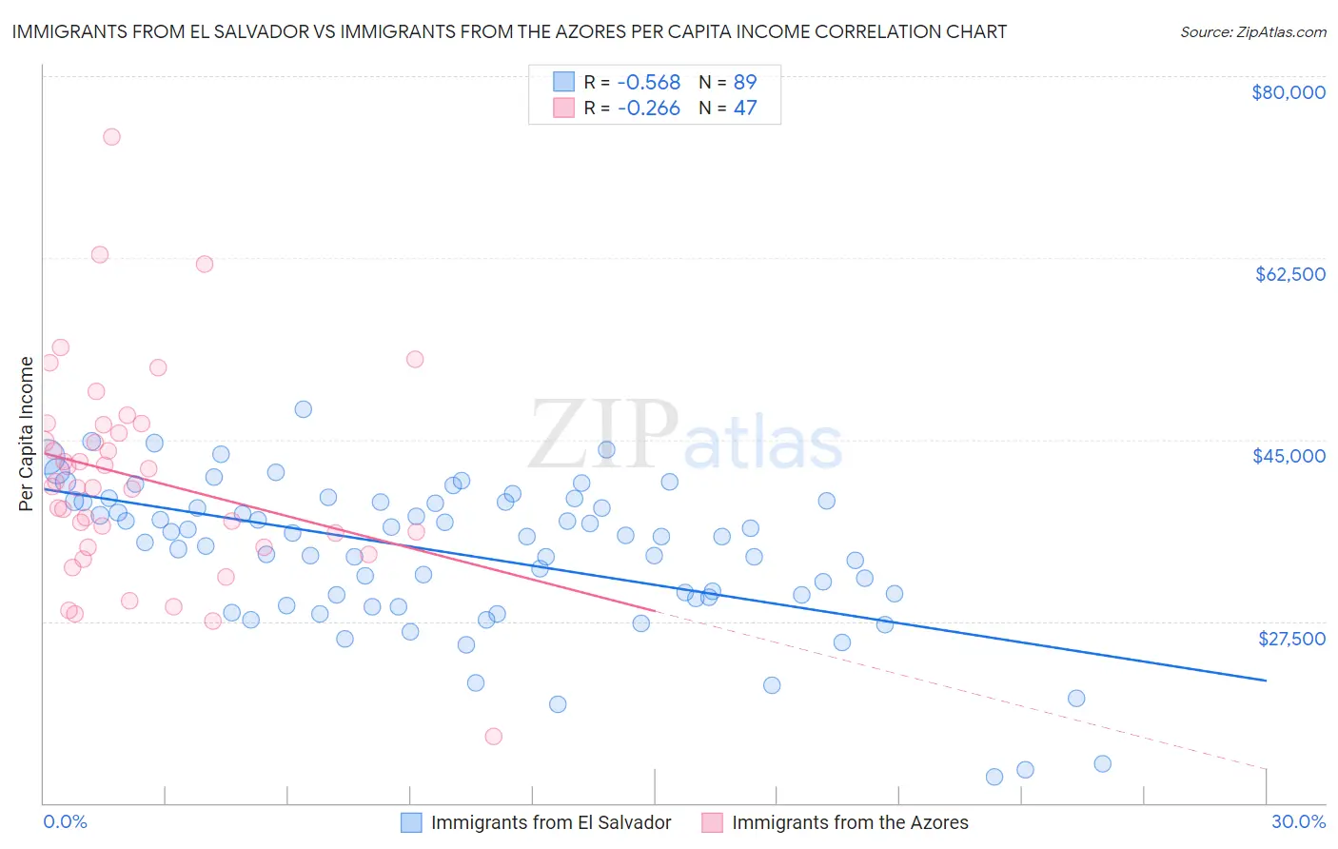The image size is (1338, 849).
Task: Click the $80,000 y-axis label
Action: (1288, 92)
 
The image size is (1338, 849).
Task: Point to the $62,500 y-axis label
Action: (1289, 274)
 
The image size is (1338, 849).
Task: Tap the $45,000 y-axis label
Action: (1289, 456)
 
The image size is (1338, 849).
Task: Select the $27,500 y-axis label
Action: (1291, 639)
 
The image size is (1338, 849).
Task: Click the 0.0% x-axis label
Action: (65, 822)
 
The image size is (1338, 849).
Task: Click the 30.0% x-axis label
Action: (1298, 822)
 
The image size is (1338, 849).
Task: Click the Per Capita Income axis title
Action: (27, 434)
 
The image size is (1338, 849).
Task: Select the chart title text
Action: (509, 31)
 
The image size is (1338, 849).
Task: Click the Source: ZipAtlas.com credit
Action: (1252, 32)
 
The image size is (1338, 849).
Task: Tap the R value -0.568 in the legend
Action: (648, 83)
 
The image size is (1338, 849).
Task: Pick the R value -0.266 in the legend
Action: (648, 109)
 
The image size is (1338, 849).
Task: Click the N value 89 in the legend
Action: (744, 83)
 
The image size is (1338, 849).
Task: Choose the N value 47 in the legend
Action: (744, 109)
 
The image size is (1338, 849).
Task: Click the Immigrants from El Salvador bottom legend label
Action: (551, 822)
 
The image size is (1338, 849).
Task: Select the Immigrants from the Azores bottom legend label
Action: (850, 822)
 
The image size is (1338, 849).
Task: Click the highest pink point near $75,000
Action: (111, 137)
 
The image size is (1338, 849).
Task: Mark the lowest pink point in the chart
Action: (493, 737)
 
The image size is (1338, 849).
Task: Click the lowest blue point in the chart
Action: (994, 777)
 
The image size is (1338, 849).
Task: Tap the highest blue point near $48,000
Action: (304, 409)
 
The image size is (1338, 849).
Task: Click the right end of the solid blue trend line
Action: (1266, 681)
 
